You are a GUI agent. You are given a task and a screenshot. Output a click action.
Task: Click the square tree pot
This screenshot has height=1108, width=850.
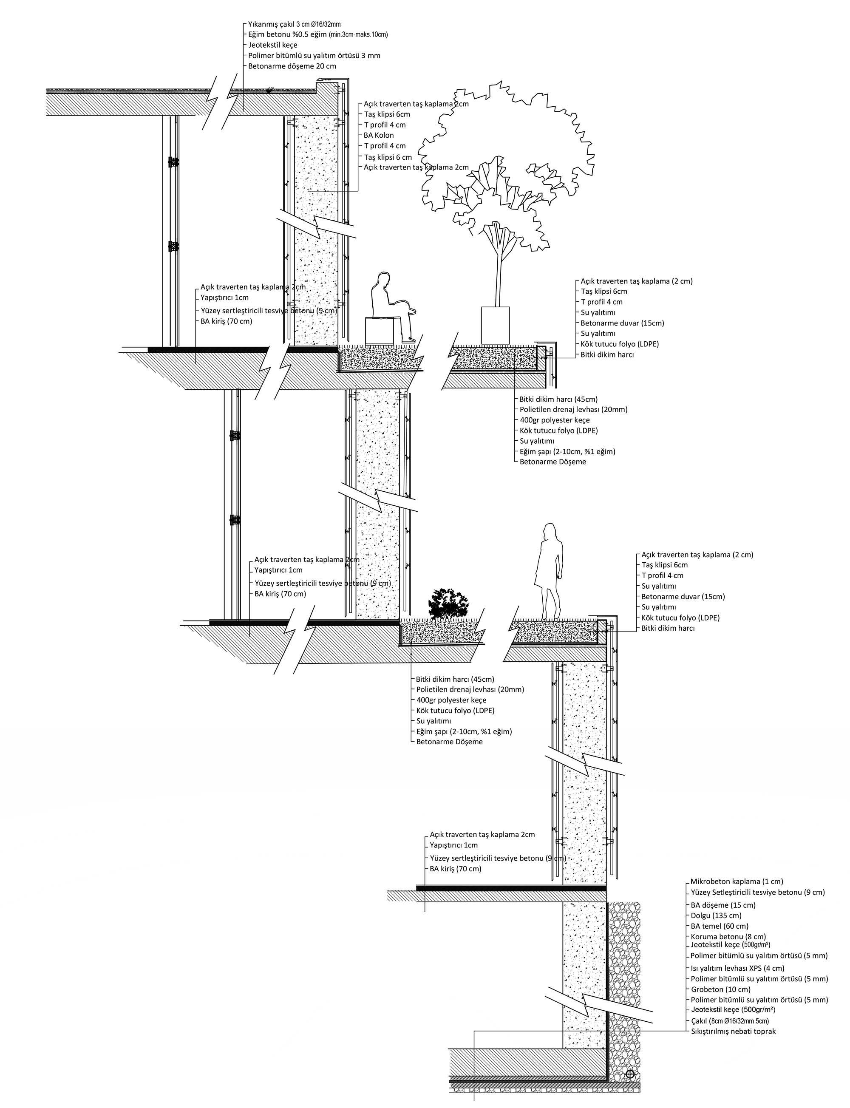495,325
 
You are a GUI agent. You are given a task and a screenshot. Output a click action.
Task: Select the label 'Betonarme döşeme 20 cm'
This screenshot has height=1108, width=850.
292,66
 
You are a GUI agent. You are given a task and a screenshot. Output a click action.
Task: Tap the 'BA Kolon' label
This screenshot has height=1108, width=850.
378,135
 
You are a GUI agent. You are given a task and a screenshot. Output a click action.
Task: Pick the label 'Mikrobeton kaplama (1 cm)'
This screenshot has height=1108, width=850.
737,881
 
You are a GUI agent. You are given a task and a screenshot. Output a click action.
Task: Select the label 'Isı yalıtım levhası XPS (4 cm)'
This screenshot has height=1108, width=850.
738,968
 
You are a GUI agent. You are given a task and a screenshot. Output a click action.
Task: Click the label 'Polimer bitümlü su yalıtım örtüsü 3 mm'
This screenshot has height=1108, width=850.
314,55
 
